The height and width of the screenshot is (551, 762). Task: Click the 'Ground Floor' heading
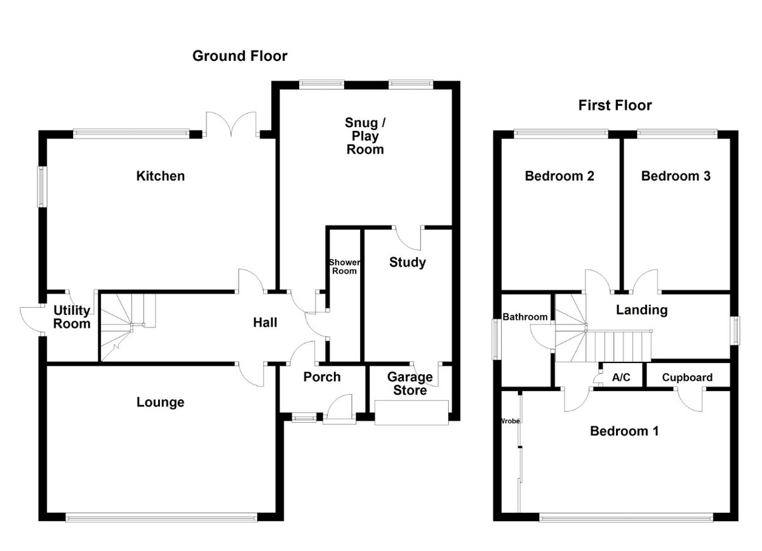pos(239,56)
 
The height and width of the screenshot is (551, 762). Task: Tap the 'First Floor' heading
pos(615,105)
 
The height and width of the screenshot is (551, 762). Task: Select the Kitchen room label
pos(160,176)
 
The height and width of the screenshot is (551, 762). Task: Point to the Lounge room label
pos(160,402)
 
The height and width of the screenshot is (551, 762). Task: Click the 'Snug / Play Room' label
pos(365,136)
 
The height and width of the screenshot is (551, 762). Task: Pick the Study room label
pos(407,262)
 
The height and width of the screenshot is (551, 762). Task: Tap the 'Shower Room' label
pos(344,267)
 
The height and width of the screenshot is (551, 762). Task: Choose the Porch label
pos(321,377)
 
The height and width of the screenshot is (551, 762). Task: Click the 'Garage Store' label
pos(410,383)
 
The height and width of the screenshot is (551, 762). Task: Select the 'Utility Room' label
pos(72,317)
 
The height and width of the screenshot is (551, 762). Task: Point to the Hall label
pos(265,322)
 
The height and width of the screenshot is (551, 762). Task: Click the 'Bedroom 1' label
pos(624,431)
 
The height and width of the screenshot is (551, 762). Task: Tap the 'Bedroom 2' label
pos(559,176)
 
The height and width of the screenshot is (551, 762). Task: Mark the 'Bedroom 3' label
pos(676,176)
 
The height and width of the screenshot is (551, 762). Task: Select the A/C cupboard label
pos(620,378)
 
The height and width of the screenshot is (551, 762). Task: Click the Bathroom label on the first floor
pos(525,317)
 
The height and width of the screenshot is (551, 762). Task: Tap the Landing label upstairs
pos(641,310)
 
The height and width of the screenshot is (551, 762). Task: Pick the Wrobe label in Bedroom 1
pos(511,421)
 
